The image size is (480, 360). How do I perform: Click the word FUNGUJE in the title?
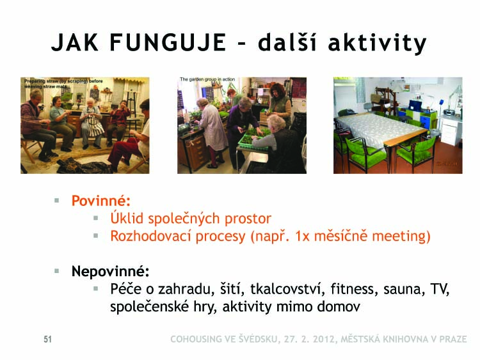(168, 42)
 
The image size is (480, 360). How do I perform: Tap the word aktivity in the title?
(377, 43)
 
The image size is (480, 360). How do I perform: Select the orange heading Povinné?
(101, 201)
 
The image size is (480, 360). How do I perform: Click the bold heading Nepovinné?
(111, 272)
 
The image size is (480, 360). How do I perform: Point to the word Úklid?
(127, 218)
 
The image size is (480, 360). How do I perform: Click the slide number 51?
(48, 339)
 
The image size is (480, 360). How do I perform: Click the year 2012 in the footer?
(322, 339)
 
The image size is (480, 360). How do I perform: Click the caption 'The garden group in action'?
(207, 79)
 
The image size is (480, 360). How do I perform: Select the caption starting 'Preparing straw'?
(63, 84)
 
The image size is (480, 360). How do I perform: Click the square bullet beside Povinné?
(56, 201)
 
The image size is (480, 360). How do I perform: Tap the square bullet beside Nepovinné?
(56, 271)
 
